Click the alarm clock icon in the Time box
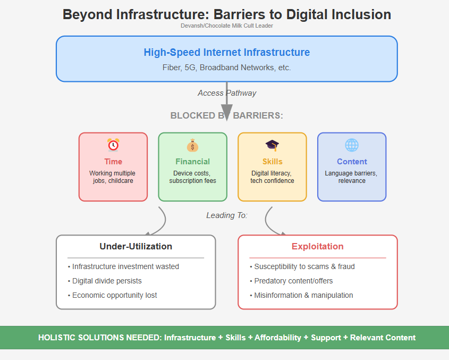(113, 145)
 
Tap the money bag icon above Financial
(192, 145)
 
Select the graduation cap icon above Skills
(272, 145)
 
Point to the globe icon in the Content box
(352, 145)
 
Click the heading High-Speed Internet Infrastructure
(227, 53)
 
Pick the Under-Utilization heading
(136, 246)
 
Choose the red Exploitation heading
(318, 246)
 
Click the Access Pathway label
(227, 93)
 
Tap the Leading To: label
(227, 215)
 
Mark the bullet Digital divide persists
(107, 281)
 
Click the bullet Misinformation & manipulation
(303, 295)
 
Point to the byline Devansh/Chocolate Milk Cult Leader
(227, 26)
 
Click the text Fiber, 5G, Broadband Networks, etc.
(227, 68)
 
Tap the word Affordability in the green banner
(278, 338)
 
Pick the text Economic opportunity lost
(115, 295)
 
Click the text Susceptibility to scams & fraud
(304, 266)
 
